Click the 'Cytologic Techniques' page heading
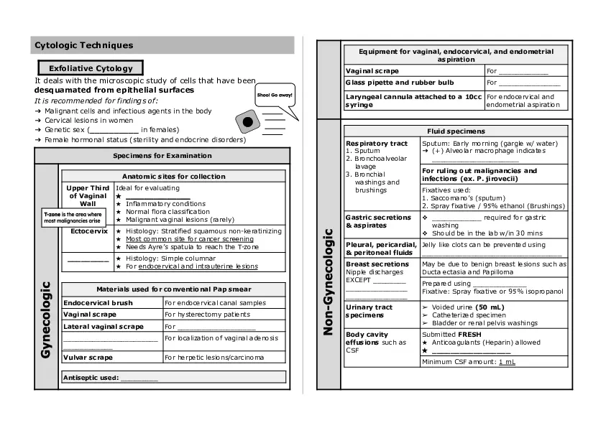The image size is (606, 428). click(x=84, y=45)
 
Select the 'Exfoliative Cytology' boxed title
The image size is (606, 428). click(x=91, y=68)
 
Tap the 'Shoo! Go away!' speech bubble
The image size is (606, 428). click(x=275, y=96)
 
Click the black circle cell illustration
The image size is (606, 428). click(x=248, y=122)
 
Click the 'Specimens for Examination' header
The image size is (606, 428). click(x=162, y=155)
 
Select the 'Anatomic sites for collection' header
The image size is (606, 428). click(x=173, y=176)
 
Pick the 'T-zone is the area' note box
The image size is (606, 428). click(x=73, y=218)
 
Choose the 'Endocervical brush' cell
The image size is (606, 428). click(x=98, y=303)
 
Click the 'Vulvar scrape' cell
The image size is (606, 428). click(x=89, y=357)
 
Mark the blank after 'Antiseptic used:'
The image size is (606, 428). click(x=139, y=377)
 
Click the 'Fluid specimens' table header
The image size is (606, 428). click(x=456, y=131)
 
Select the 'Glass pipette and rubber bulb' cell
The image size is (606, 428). click(x=400, y=83)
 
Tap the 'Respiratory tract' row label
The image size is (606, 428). click(x=377, y=144)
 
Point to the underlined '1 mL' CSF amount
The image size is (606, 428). click(x=507, y=361)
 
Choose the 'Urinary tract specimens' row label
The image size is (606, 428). click(x=369, y=311)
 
